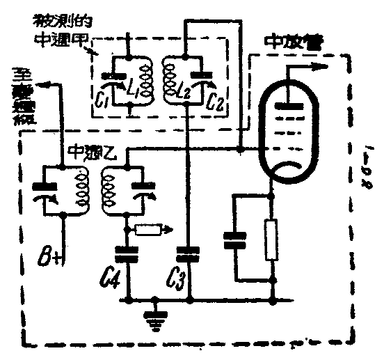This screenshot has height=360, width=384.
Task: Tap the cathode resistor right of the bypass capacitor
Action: pos(272,239)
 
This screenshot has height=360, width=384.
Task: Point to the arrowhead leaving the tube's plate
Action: pos(321,67)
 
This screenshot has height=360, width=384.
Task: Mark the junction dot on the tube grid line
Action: pos(239,148)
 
